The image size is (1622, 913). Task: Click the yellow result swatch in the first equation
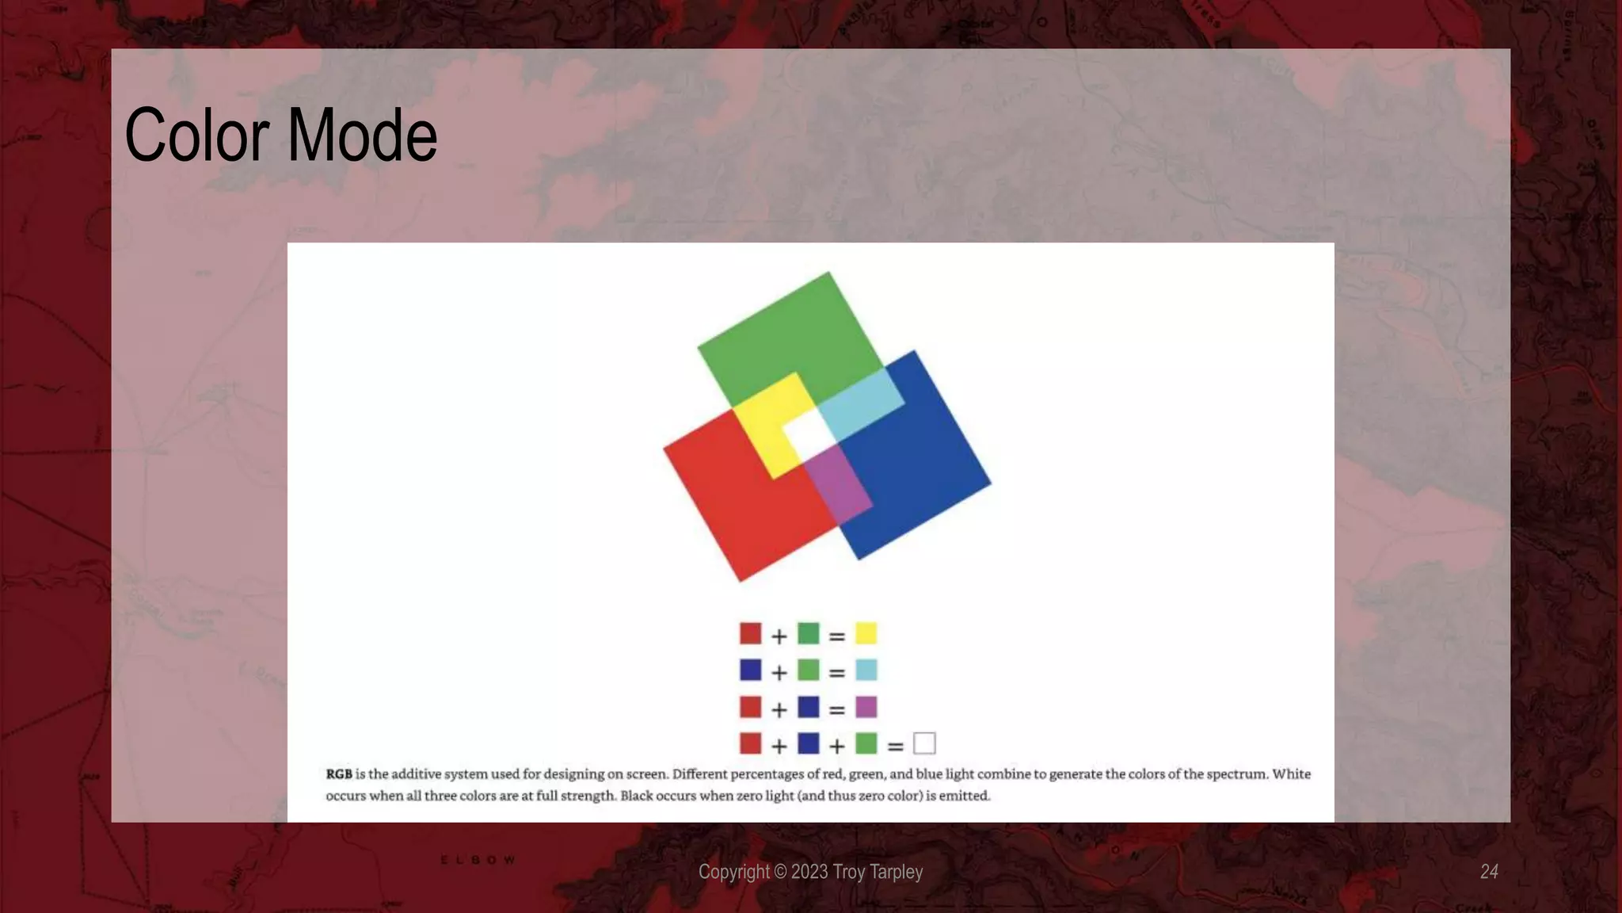pos(866,634)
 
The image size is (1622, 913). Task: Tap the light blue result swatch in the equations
pos(866,670)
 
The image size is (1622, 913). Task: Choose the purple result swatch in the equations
pos(866,707)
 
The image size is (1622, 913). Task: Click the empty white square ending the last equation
pos(924,743)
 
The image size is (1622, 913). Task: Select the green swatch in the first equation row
pos(808,634)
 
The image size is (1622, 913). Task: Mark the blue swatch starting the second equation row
pos(750,670)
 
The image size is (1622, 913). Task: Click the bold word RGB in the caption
pos(339,774)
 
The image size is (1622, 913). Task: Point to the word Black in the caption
pos(636,796)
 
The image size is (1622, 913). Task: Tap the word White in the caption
pos(1291,774)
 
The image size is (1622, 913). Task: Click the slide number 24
pos(1489,872)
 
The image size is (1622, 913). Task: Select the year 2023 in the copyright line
pos(809,872)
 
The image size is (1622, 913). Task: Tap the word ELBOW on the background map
pos(478,860)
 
